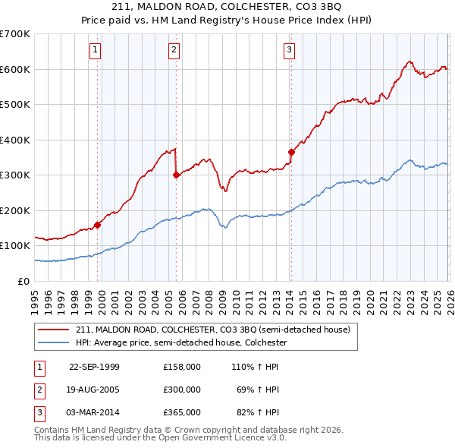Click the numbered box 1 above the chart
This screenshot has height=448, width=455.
[x=96, y=51]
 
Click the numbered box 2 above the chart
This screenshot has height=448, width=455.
[x=174, y=51]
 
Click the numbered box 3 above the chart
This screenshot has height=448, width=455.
[x=290, y=51]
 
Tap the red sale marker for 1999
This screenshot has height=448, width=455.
[x=98, y=225]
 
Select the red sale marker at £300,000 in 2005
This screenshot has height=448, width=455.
[x=176, y=175]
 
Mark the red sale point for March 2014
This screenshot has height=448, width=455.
[x=291, y=152]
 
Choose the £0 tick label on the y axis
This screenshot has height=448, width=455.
[x=25, y=281]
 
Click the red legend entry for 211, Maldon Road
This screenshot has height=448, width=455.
[x=212, y=330]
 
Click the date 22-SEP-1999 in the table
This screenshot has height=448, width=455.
[x=94, y=367]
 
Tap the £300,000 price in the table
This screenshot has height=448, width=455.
[x=182, y=390]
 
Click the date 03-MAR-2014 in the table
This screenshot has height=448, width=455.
[x=94, y=412]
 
